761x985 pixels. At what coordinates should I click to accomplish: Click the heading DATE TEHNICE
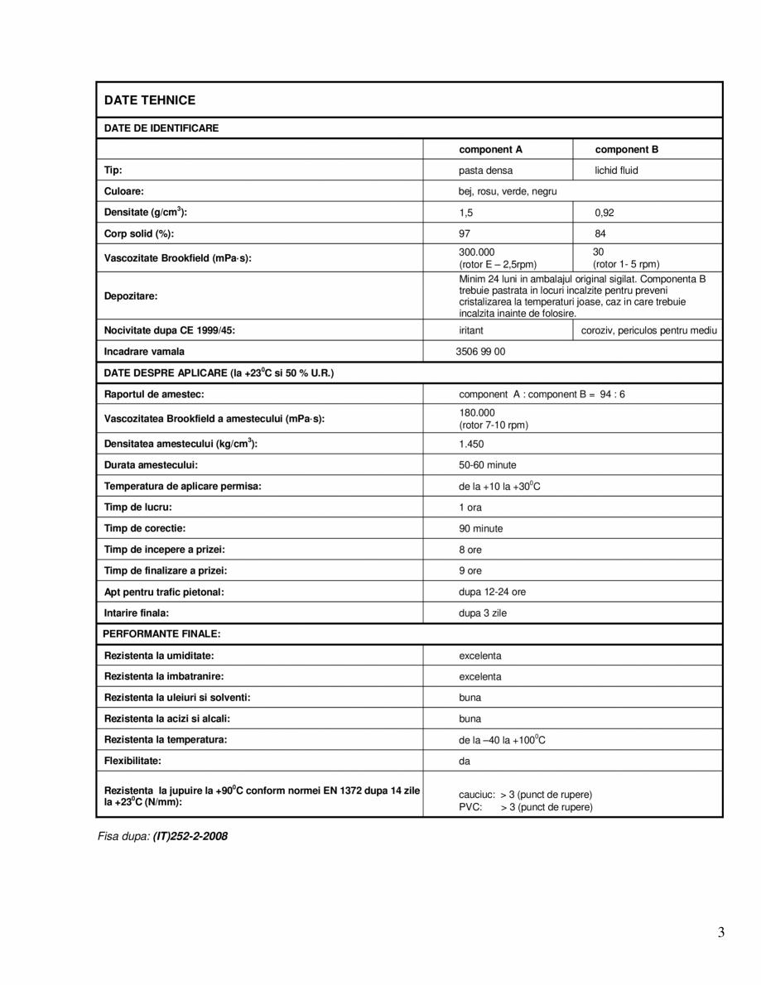(150, 100)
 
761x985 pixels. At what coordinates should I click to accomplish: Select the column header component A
(491, 150)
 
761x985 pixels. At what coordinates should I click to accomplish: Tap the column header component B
(627, 150)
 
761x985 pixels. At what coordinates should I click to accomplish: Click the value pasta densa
(486, 171)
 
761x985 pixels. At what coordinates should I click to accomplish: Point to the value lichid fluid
(617, 171)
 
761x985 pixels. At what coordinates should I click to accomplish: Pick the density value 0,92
(604, 213)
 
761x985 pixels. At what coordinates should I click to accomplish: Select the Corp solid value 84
(600, 234)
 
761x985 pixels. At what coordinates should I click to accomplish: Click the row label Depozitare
(131, 295)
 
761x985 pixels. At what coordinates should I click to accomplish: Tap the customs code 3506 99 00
(480, 352)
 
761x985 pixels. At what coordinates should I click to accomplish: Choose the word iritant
(472, 330)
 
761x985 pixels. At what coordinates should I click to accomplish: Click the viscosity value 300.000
(477, 252)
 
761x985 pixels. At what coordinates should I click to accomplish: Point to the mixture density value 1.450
(472, 444)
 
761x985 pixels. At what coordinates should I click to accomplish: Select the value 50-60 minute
(488, 465)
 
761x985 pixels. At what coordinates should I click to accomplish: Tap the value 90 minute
(481, 528)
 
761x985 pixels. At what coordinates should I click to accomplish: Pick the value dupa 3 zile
(483, 613)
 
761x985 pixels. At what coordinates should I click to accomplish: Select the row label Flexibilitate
(132, 760)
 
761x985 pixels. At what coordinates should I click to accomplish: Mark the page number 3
(721, 933)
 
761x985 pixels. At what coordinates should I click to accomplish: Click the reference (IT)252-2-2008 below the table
(190, 836)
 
